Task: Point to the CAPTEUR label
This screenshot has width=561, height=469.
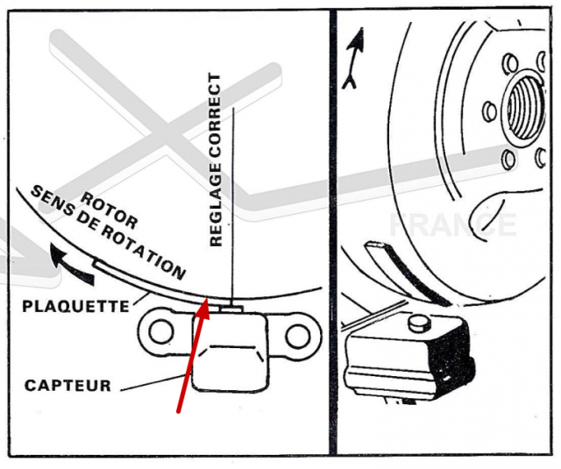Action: [x=67, y=385]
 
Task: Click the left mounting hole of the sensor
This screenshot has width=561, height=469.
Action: [x=160, y=330]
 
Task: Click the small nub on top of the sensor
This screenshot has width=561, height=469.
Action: [x=231, y=307]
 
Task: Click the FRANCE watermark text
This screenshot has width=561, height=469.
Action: [x=452, y=225]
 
